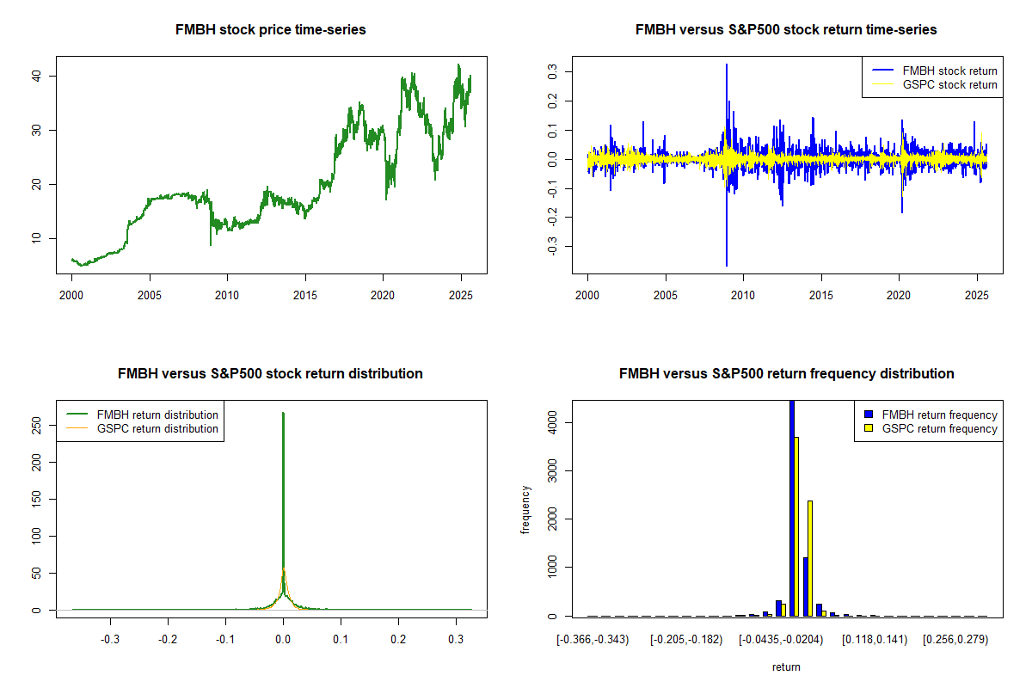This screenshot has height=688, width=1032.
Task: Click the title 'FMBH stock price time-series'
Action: [271, 30]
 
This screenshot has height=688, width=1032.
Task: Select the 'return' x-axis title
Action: [786, 666]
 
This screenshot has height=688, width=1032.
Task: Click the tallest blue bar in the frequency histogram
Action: [791, 507]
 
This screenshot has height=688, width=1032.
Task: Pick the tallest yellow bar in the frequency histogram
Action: [796, 526]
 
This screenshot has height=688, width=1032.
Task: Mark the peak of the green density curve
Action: [283, 414]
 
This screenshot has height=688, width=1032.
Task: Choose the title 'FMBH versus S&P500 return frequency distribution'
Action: [786, 374]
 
